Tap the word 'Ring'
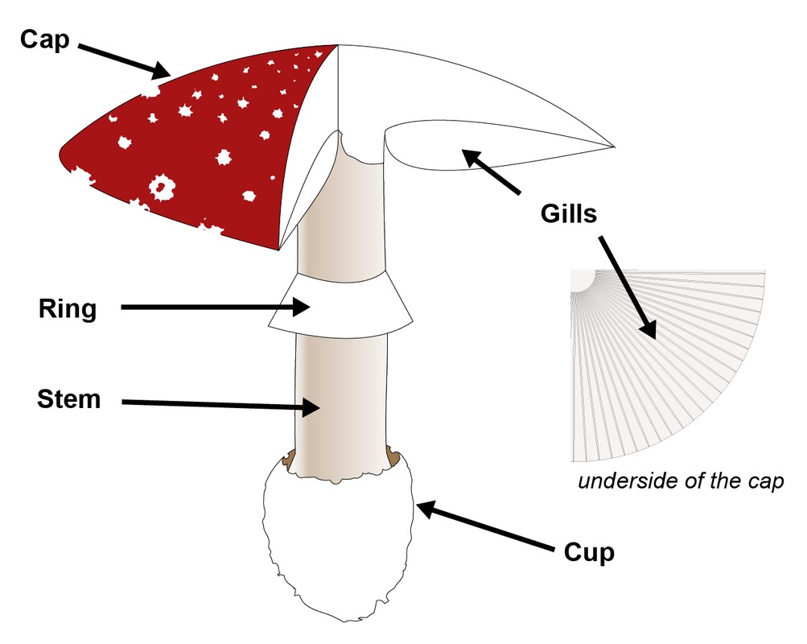click(x=67, y=309)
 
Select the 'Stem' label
click(x=69, y=398)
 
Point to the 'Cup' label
click(x=589, y=553)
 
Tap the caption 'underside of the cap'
click(x=681, y=482)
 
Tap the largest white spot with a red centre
click(x=163, y=188)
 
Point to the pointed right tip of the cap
click(x=611, y=147)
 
